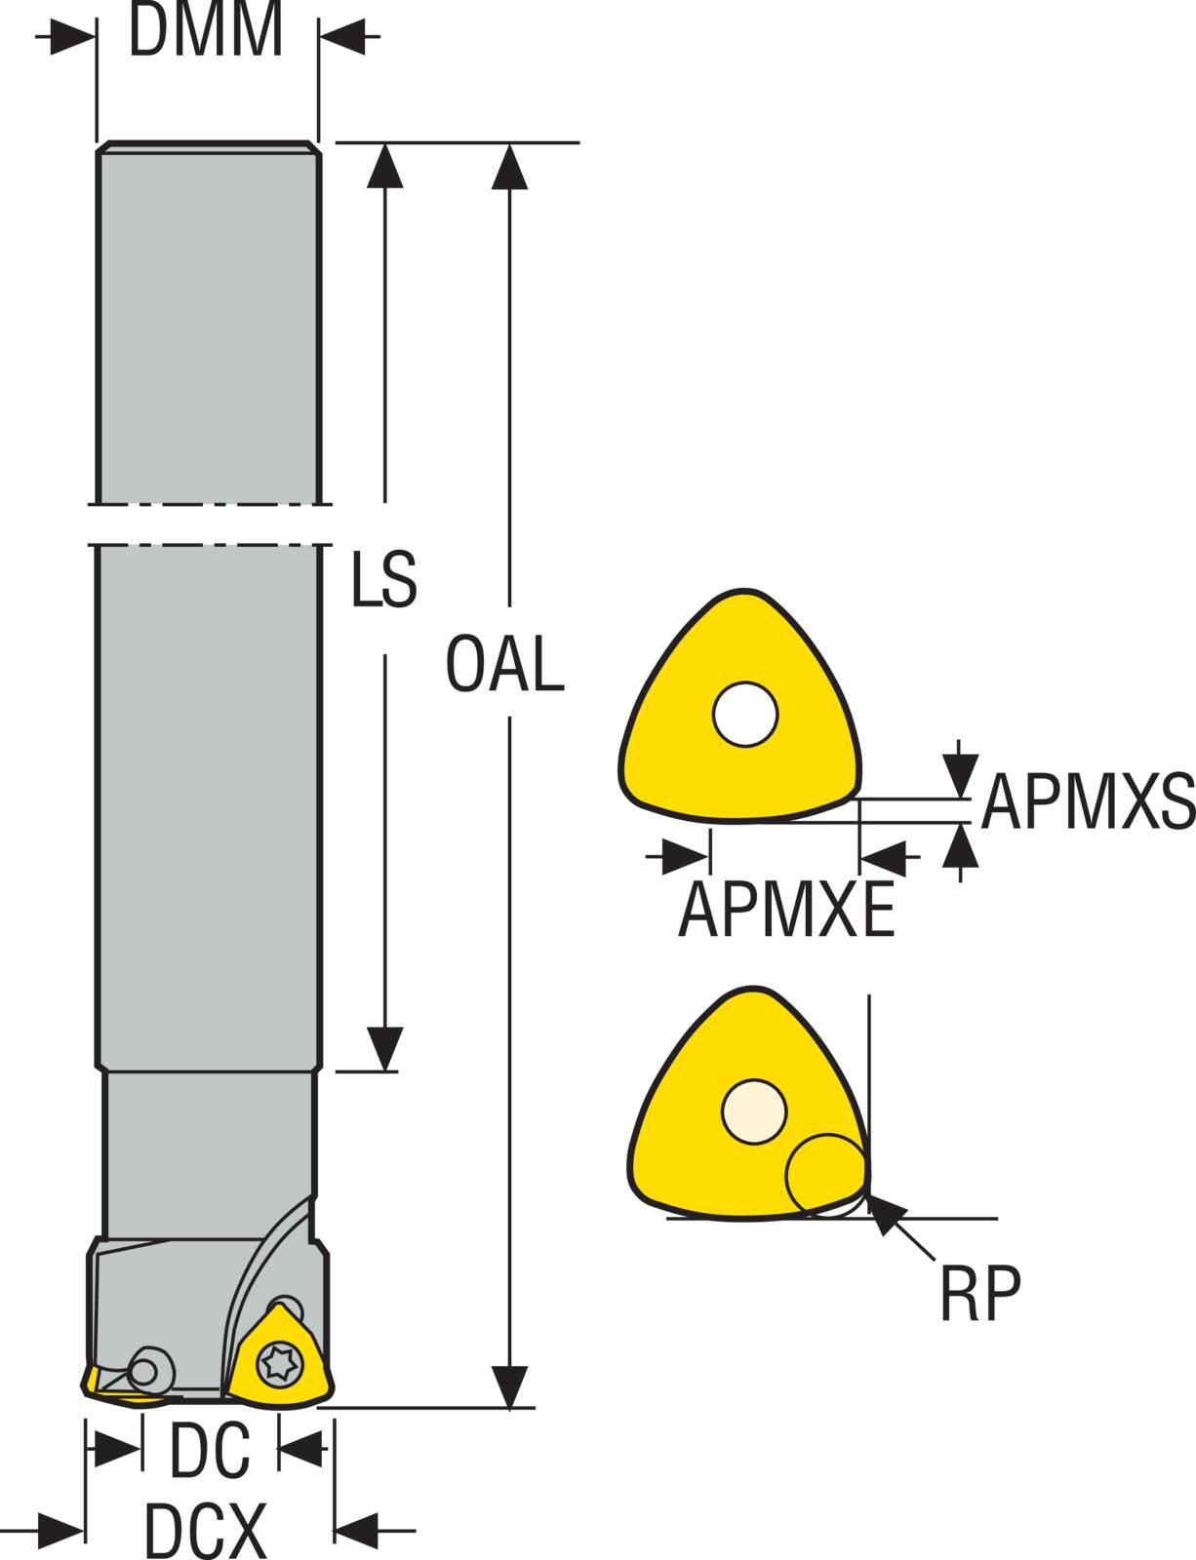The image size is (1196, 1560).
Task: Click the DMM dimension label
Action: coord(206,31)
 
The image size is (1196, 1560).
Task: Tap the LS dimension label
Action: coord(384,580)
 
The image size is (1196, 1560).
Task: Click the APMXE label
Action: coord(786,909)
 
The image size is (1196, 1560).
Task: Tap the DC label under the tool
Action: coord(210,1450)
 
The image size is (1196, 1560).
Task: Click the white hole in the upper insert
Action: coord(745,714)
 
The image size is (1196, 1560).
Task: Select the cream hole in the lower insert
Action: coord(753,1111)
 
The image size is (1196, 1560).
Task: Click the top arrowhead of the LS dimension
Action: coord(385,166)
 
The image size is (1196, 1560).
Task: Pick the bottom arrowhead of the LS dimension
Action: coord(386,1048)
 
